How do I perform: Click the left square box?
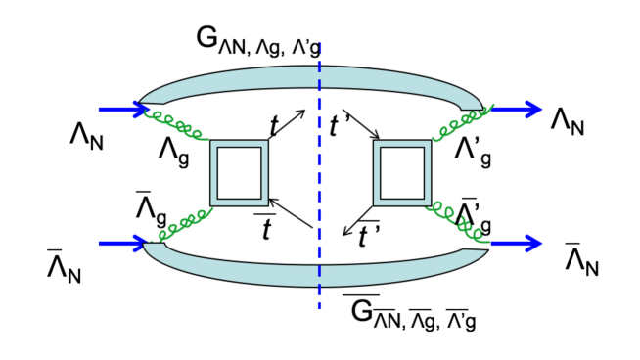click(239, 173)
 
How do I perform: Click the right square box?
click(401, 173)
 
